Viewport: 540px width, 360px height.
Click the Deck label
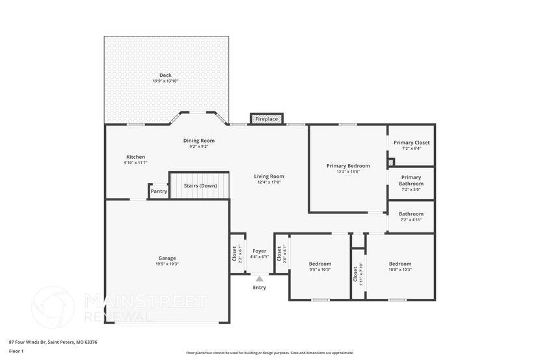165,76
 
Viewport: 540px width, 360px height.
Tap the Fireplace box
266,119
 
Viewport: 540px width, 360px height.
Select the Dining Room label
198,141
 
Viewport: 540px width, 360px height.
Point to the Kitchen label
135,157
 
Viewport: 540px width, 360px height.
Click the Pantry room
159,191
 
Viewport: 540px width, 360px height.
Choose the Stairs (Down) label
200,186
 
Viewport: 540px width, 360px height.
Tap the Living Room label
269,176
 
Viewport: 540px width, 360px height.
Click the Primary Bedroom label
348,166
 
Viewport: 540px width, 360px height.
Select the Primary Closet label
411,143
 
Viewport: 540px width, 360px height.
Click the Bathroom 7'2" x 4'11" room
411,216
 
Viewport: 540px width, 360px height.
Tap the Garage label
167,258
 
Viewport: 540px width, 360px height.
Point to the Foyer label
259,251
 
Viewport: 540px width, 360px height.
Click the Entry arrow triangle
259,278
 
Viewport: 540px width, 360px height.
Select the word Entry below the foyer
259,287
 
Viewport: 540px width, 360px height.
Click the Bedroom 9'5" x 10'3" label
320,264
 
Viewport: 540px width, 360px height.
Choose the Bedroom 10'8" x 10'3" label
400,264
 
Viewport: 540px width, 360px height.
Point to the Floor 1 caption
16,352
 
